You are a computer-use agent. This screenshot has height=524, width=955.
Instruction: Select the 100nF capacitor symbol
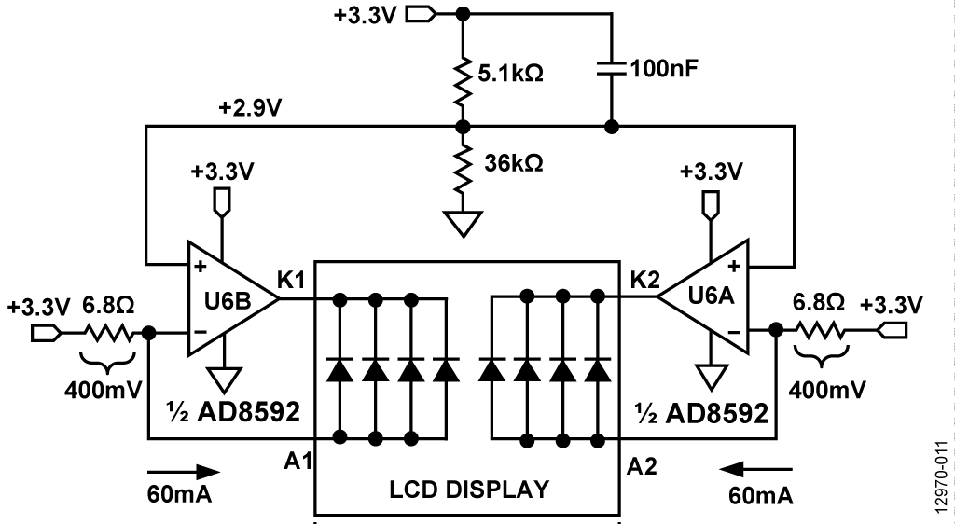coord(612,68)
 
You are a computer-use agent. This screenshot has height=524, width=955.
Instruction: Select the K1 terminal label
coord(295,277)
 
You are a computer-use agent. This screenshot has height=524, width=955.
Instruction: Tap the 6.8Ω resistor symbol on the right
coord(822,332)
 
